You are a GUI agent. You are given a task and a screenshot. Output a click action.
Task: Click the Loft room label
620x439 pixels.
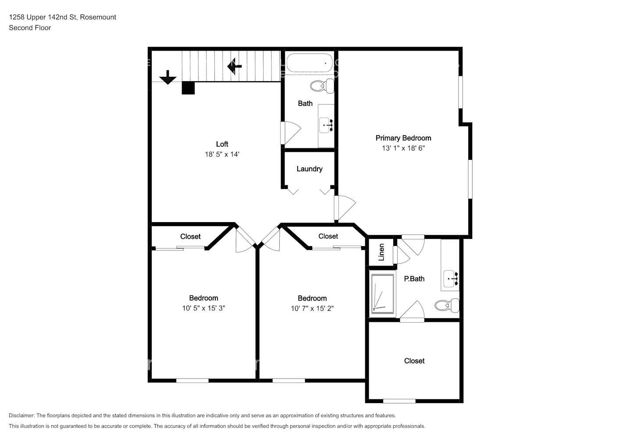(222, 144)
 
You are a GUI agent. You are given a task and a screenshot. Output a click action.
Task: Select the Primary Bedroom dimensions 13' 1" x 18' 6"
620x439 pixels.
(403, 148)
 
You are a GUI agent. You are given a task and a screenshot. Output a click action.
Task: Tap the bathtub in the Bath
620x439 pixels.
(310, 63)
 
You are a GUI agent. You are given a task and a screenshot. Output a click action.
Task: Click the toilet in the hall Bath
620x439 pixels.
(322, 86)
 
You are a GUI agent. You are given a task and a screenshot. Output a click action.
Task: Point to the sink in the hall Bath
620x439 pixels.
(326, 125)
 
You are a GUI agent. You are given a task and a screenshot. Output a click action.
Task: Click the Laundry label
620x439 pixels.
(310, 169)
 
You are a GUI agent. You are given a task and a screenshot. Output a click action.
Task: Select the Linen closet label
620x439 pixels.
(381, 252)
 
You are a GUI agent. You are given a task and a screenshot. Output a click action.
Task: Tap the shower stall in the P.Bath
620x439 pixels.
(382, 294)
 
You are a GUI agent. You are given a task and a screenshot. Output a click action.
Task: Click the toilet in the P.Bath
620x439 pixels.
(447, 306)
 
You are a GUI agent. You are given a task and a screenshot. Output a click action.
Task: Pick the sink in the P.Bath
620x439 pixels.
(450, 278)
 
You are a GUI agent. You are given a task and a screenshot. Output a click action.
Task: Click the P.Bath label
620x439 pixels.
(414, 279)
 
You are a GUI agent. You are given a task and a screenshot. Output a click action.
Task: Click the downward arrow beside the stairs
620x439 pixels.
(168, 77)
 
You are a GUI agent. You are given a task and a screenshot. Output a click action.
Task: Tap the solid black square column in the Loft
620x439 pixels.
(188, 88)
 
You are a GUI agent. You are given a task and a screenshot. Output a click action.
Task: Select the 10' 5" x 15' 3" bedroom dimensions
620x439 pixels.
(203, 308)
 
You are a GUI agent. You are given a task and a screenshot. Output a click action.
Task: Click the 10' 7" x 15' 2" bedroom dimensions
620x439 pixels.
(312, 309)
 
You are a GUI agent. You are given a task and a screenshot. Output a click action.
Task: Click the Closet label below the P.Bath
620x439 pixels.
(414, 361)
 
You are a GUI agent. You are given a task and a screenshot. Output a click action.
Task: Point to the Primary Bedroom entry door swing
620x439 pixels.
(345, 208)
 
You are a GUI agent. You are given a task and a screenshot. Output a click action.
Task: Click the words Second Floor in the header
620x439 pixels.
(30, 28)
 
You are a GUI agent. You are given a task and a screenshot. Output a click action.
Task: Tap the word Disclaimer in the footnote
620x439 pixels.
(21, 415)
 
